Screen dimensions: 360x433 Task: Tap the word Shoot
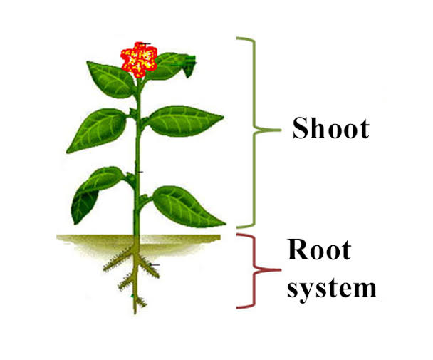(x=331, y=129)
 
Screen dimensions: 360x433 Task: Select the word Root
(x=319, y=250)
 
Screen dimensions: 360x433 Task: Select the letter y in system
(x=310, y=290)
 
